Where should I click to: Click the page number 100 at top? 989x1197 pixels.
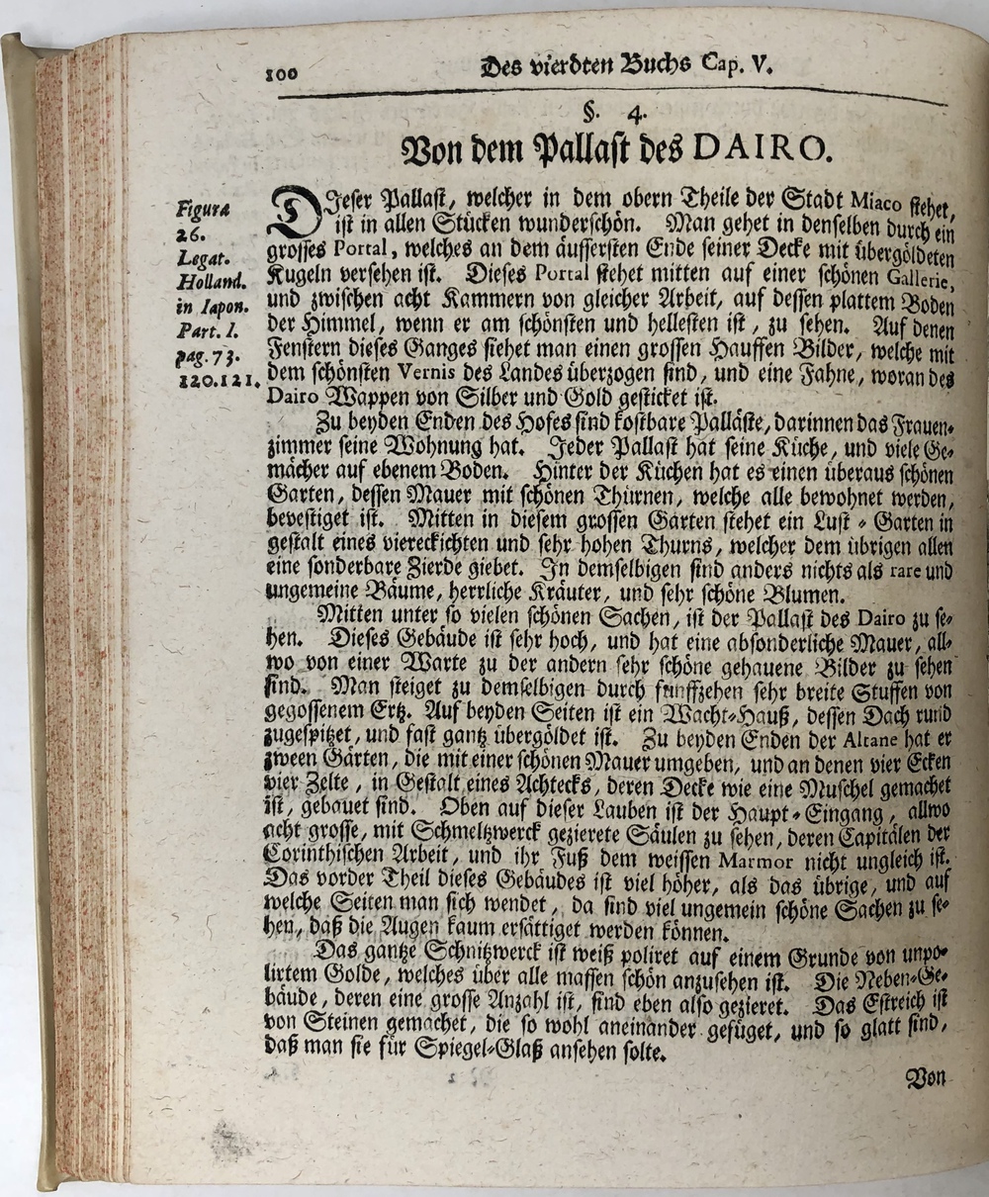click(283, 71)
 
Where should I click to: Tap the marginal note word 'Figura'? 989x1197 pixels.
click(202, 210)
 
